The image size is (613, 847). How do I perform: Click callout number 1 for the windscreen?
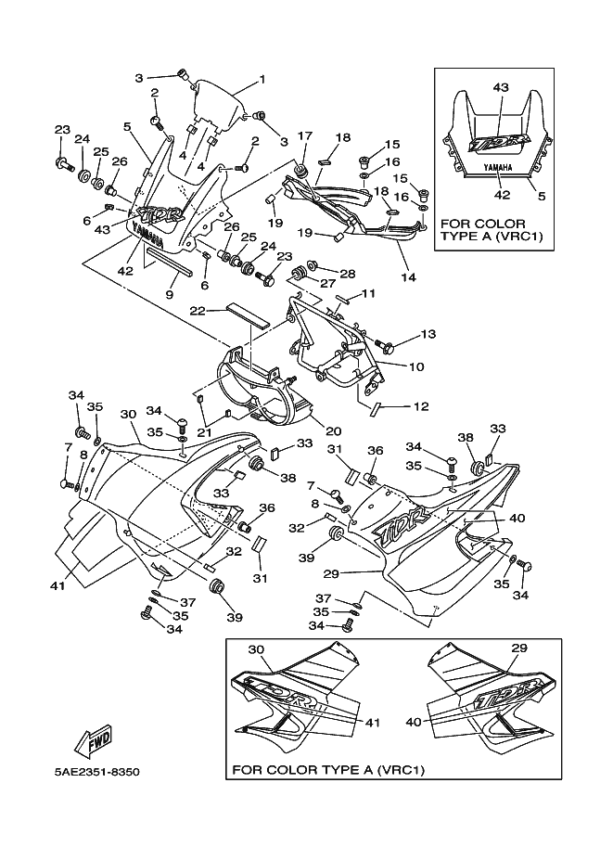(262, 79)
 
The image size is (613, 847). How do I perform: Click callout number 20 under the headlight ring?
(333, 430)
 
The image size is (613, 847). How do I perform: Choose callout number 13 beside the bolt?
(428, 334)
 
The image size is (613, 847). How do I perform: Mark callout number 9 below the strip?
(170, 294)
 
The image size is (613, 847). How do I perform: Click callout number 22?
(198, 310)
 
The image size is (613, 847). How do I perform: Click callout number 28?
(348, 274)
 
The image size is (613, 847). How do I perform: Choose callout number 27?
(326, 284)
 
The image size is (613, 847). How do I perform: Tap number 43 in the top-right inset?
(501, 87)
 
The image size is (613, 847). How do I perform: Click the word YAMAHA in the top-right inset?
(500, 167)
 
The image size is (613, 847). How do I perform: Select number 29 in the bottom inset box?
(518, 648)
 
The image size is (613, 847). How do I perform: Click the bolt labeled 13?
(388, 346)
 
